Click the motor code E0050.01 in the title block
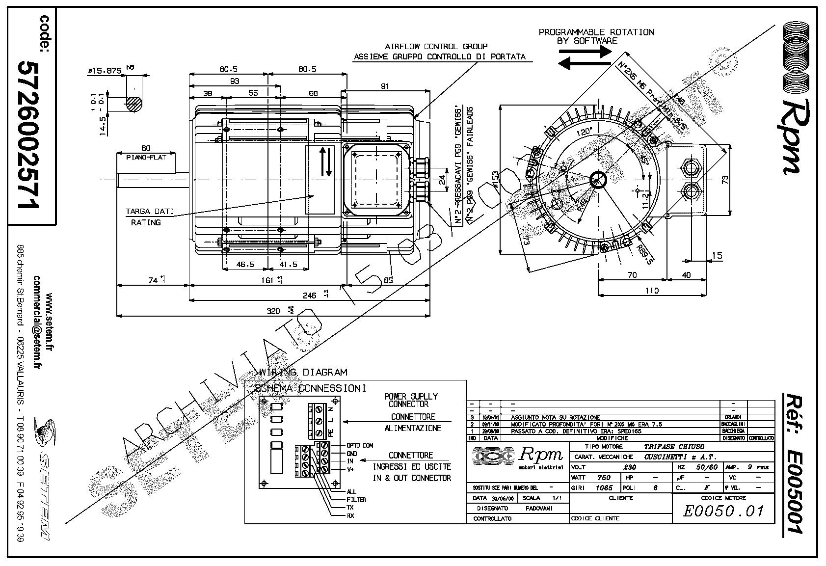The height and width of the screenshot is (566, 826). click(x=724, y=511)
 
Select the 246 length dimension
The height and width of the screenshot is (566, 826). click(x=309, y=296)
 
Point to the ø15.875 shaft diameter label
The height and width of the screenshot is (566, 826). click(x=105, y=71)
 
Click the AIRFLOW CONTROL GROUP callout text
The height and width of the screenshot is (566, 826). click(x=436, y=47)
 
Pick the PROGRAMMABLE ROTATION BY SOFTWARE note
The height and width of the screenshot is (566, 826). click(x=596, y=36)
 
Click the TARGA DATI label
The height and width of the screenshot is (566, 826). click(x=150, y=212)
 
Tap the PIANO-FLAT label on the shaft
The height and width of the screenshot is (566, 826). click(x=146, y=157)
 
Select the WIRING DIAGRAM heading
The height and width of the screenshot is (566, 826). click(x=303, y=373)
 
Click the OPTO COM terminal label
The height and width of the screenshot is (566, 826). click(x=360, y=445)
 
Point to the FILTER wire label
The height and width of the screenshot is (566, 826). click(x=356, y=500)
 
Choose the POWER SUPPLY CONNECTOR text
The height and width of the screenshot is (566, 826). click(x=410, y=400)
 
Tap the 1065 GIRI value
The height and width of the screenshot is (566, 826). click(x=604, y=488)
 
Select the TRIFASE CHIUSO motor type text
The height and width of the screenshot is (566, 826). click(x=674, y=447)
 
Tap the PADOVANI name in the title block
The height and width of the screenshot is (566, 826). click(x=539, y=508)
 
